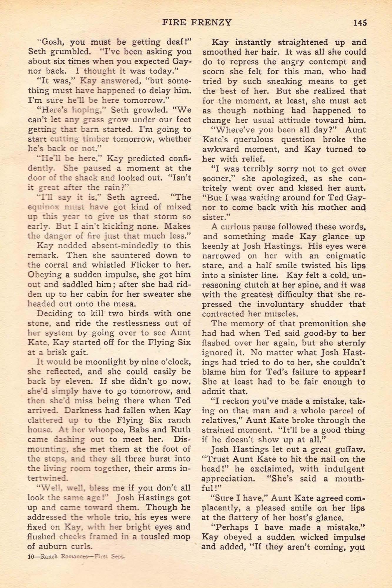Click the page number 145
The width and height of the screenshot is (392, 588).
coord(360,23)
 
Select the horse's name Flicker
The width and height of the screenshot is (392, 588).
coord(142,265)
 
